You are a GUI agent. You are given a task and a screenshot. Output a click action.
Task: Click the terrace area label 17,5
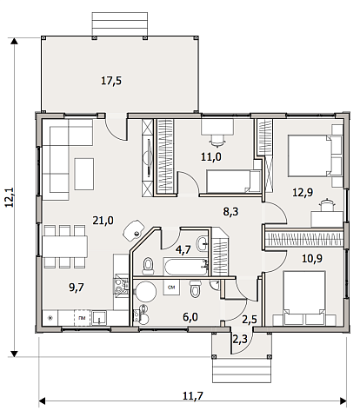pos(111,81)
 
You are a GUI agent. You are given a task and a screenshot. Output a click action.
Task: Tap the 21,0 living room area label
pos(103,221)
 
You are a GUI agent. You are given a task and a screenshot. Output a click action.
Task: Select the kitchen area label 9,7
pos(77,288)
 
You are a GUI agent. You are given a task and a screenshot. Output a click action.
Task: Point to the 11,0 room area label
pos(211,157)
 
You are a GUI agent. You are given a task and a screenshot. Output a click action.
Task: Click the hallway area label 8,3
pos(230,212)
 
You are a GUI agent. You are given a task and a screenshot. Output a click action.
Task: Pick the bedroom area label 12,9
pos(303,192)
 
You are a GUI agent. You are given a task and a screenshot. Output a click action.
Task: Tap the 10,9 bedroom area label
pos(312,258)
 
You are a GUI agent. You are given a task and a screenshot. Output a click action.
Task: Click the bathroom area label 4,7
pos(183,249)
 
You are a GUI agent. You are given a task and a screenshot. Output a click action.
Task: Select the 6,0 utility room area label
pos(190,317)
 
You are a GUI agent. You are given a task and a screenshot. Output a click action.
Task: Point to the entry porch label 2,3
pos(240,339)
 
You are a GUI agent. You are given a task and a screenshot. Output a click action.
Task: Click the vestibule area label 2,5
pos(250,320)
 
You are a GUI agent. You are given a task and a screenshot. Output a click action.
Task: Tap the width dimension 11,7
pos(193,395)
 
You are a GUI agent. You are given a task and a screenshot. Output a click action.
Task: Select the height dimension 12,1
pos(10,197)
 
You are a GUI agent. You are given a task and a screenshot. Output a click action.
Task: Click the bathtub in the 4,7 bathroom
pos(186,267)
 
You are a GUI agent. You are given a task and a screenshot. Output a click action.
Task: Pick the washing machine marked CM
pos(171,288)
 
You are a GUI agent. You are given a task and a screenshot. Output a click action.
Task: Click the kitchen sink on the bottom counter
pos(98,318)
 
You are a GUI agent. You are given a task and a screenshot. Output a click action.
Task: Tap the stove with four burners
pos(121,286)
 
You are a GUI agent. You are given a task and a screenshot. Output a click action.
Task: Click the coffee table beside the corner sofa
pos(84,174)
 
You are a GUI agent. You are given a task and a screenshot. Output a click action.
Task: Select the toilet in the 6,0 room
pos(195,288)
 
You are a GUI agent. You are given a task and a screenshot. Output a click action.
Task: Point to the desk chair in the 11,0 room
pos(217,140)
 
